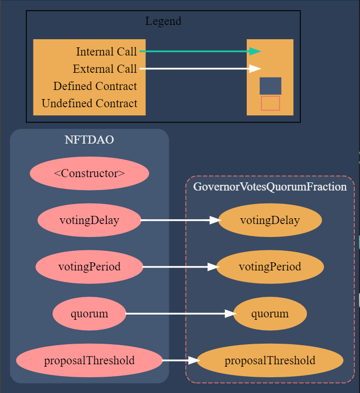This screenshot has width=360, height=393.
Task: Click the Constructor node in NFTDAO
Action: click(x=89, y=173)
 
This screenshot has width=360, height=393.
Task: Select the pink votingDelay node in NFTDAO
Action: click(x=89, y=220)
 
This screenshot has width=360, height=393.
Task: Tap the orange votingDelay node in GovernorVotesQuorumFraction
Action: click(x=270, y=220)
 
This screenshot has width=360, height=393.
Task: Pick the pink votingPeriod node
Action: click(x=89, y=267)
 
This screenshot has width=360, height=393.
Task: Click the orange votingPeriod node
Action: click(x=270, y=267)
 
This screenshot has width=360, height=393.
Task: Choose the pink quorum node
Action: click(x=89, y=314)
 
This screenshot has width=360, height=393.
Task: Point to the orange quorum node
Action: click(x=270, y=314)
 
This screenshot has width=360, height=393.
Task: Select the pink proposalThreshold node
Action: click(x=89, y=360)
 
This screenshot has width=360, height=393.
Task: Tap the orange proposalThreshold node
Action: click(x=270, y=360)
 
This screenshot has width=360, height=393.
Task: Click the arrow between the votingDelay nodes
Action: click(x=181, y=220)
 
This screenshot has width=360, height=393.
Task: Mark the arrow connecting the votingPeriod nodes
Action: click(x=181, y=267)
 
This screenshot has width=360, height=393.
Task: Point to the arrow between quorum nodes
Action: click(x=181, y=314)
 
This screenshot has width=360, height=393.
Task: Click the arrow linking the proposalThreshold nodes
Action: click(x=181, y=360)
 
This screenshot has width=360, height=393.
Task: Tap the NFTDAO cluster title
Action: click(x=89, y=140)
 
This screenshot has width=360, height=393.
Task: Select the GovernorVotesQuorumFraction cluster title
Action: click(x=270, y=187)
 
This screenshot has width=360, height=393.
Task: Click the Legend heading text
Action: click(x=163, y=21)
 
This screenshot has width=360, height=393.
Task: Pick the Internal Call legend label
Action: click(x=107, y=52)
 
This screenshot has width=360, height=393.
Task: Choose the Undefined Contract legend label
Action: click(x=89, y=103)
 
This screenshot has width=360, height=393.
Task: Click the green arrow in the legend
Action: click(x=200, y=51)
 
